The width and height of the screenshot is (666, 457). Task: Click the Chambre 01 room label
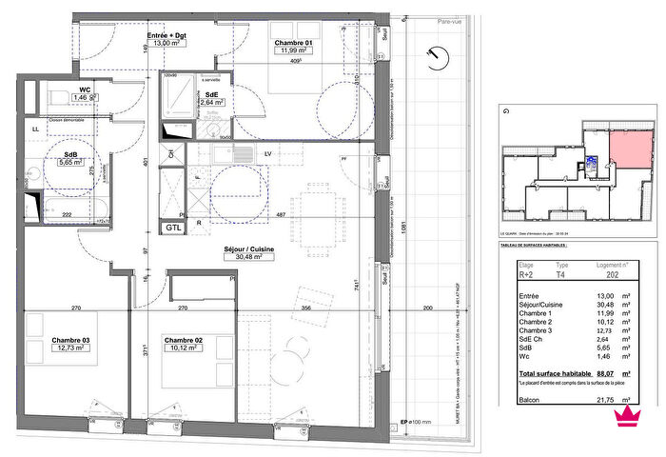[295, 44]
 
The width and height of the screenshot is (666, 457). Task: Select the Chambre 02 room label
[184, 340]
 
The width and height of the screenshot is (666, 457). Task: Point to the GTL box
[173, 228]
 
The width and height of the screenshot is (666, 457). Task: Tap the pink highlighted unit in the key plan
[629, 148]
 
